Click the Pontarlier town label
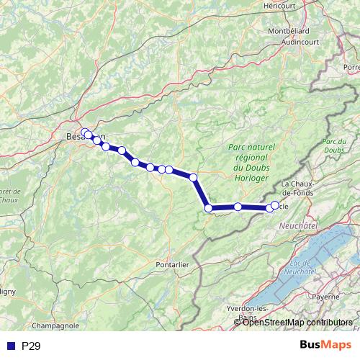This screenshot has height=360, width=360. coord(172,264)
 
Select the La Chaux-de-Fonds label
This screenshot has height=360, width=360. coord(312,189)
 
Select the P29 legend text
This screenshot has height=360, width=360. coord(30,346)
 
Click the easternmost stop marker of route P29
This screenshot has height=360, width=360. coord(274,205)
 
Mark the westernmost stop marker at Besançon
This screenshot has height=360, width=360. coord(85,132)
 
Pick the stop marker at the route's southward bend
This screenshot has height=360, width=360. coord(193,176)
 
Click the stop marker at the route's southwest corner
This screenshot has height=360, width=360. coord(208,208)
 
